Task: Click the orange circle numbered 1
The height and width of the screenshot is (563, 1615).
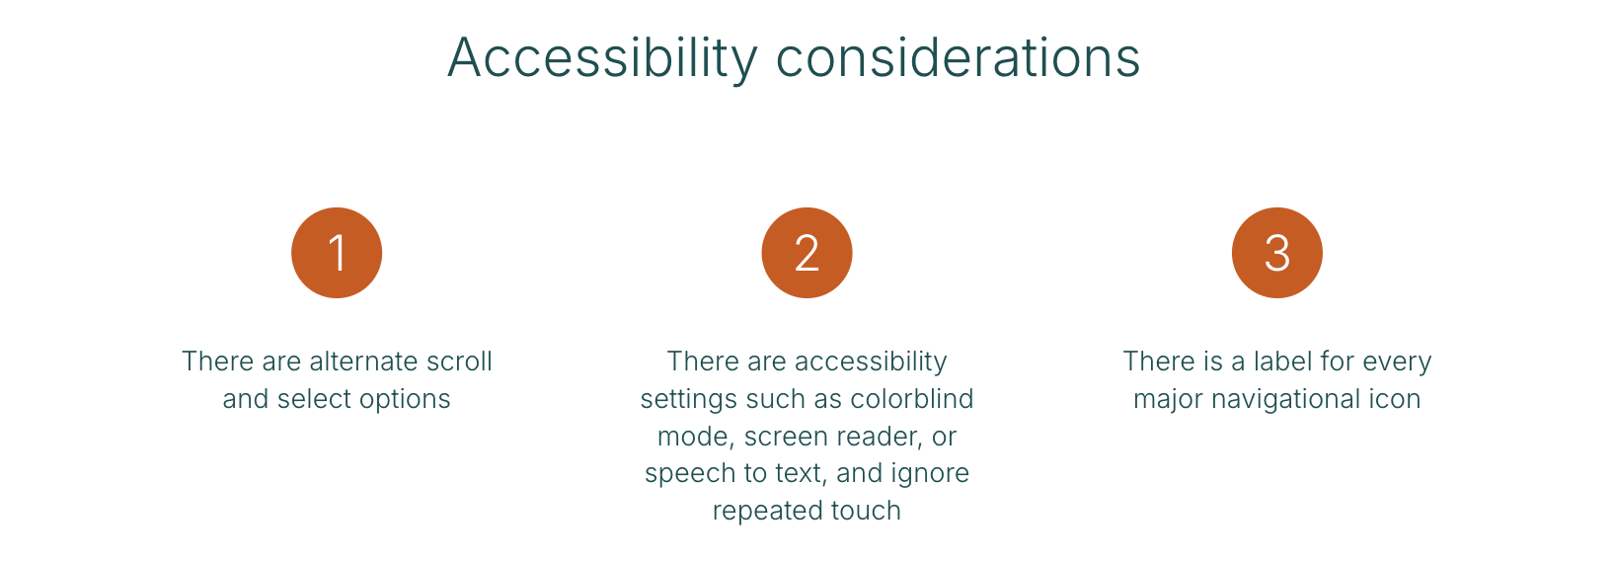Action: [337, 253]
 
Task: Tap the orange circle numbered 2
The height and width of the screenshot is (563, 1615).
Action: [807, 253]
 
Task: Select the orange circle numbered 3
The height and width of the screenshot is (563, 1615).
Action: [1276, 253]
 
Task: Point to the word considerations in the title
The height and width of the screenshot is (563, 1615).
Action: [959, 57]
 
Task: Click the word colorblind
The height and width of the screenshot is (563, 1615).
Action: [912, 398]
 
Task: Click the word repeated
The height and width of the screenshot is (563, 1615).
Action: [767, 512]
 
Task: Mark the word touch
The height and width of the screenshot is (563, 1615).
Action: [866, 511]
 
